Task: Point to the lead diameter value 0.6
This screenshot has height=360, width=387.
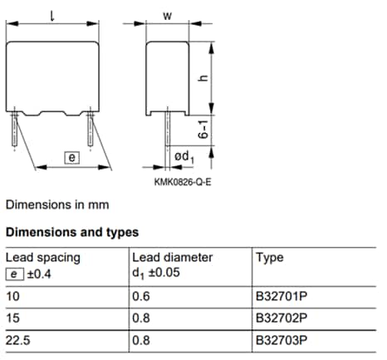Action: tap(142, 296)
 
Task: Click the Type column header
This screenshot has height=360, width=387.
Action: tap(269, 258)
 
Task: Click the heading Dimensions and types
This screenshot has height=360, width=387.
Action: tap(71, 232)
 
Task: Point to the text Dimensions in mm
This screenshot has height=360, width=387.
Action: tap(56, 204)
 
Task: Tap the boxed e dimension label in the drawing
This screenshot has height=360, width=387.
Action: tap(71, 156)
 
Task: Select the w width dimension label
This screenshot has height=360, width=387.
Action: tap(167, 16)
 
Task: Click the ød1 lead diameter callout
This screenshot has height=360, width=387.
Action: tap(183, 158)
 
